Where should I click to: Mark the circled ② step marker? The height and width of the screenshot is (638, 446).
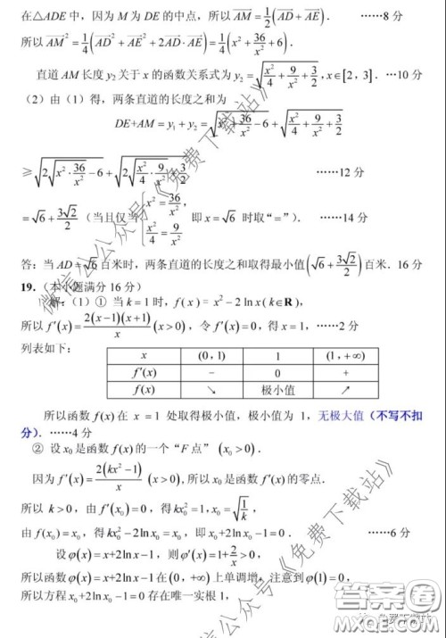pyautogui.click(x=38, y=449)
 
